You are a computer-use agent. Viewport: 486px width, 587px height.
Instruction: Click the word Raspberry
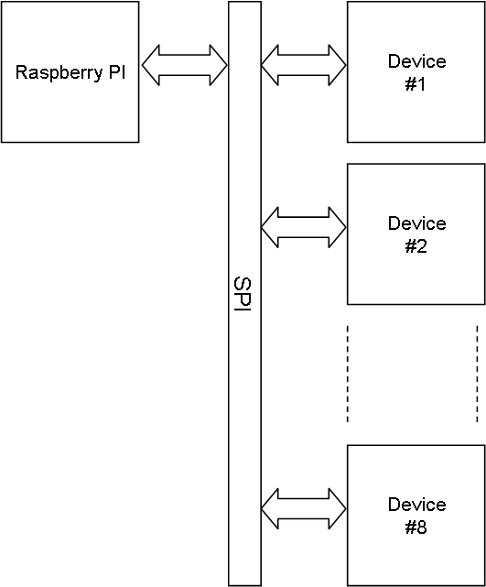59,72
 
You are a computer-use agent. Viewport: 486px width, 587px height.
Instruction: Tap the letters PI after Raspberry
117,71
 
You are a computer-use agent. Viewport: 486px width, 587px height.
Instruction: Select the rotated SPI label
243,294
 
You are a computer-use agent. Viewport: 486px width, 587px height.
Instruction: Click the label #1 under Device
416,84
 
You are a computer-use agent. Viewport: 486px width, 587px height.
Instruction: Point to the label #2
416,246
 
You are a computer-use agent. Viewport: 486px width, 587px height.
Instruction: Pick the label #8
416,527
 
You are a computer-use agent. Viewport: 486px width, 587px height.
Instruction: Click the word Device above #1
416,61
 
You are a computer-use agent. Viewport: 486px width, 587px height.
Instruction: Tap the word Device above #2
416,223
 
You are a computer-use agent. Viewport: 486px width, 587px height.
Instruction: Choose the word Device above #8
416,505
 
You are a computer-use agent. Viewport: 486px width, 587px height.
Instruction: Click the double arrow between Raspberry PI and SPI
185,65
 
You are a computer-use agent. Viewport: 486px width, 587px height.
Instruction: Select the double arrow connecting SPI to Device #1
304,65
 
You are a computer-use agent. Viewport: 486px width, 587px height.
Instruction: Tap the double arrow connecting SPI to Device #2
304,227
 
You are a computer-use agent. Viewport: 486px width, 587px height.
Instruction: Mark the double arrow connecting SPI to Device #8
304,508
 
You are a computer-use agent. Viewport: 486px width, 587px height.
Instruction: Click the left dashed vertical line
348,374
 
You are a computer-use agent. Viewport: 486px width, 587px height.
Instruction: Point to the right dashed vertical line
477,374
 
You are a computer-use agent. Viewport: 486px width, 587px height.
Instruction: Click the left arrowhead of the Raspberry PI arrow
151,65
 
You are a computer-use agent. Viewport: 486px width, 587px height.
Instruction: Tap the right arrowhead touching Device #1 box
338,65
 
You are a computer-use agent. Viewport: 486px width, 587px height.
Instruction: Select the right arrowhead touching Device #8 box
338,508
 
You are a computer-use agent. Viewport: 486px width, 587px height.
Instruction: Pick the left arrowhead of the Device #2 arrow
270,227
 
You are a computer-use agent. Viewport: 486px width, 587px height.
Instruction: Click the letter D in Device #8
394,505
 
